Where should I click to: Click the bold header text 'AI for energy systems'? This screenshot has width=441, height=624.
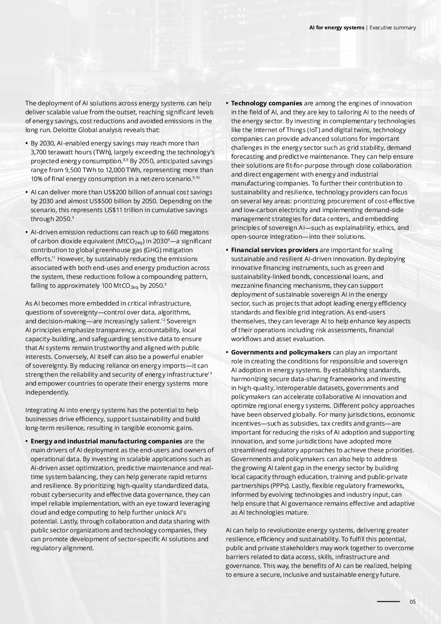point(337,28)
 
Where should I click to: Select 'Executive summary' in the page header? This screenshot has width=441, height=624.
point(393,28)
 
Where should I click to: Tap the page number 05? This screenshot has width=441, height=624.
point(413,602)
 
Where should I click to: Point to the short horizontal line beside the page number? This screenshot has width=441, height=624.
point(388,602)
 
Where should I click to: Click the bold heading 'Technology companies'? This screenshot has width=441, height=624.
point(266,103)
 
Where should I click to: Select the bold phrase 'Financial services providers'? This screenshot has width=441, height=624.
point(274,250)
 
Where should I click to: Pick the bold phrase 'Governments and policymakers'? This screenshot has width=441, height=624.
point(281,352)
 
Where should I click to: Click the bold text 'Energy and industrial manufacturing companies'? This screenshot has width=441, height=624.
point(106,441)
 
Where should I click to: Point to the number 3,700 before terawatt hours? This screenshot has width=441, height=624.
point(39,152)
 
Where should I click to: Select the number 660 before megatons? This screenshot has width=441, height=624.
point(173,232)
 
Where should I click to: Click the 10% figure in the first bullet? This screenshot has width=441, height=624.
point(36,179)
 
